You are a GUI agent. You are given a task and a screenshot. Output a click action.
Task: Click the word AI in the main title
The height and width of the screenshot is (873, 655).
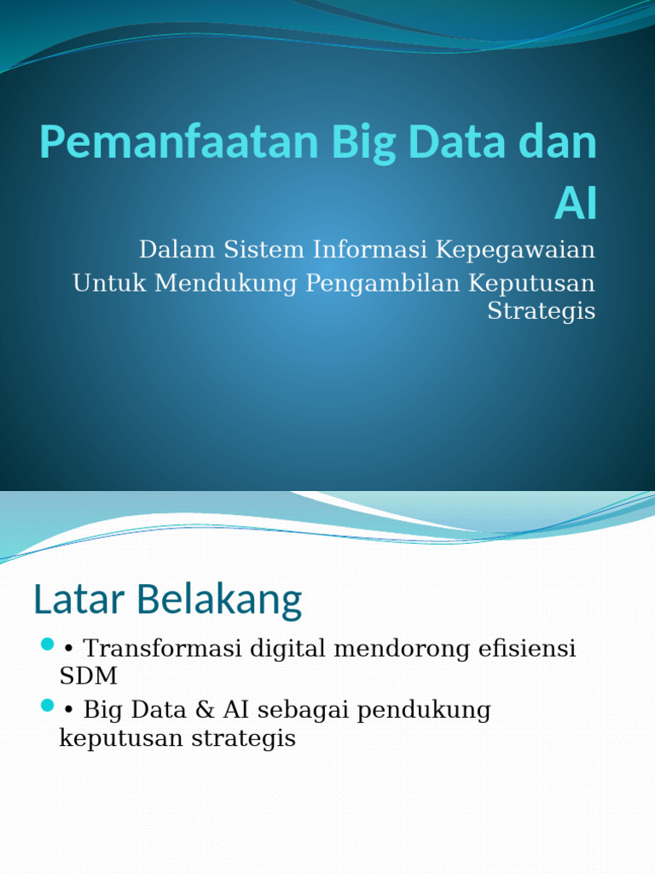(575, 205)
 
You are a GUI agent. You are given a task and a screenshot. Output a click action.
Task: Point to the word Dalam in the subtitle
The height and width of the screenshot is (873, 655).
(174, 250)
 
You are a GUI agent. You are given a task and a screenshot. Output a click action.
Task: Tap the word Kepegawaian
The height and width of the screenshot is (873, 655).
(515, 250)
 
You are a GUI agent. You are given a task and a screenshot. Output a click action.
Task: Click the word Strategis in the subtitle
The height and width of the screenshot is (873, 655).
(541, 310)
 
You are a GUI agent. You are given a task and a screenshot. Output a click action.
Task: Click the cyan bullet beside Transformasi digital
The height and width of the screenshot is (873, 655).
(47, 644)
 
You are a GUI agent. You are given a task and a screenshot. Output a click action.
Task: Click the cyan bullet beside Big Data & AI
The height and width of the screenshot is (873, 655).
(47, 706)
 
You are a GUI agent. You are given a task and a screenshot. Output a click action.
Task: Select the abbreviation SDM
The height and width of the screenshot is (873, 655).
(89, 677)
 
